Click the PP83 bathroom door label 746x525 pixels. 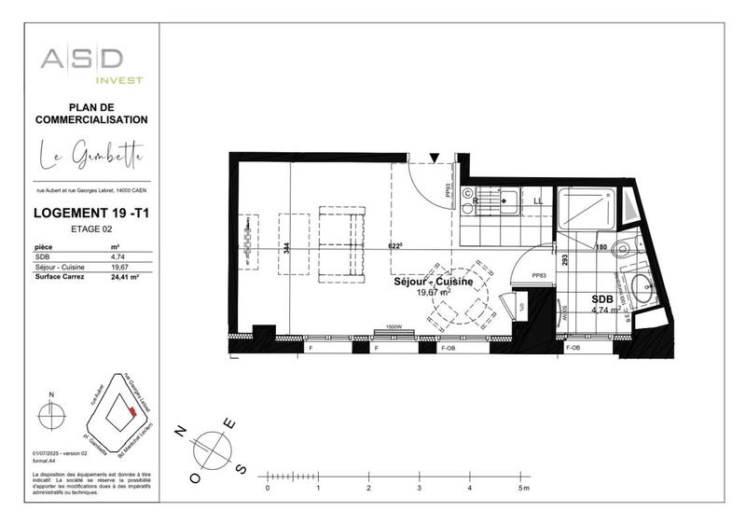(x=538, y=276)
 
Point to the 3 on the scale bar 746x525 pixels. (x=420, y=488)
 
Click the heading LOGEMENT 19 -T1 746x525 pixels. (x=91, y=213)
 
